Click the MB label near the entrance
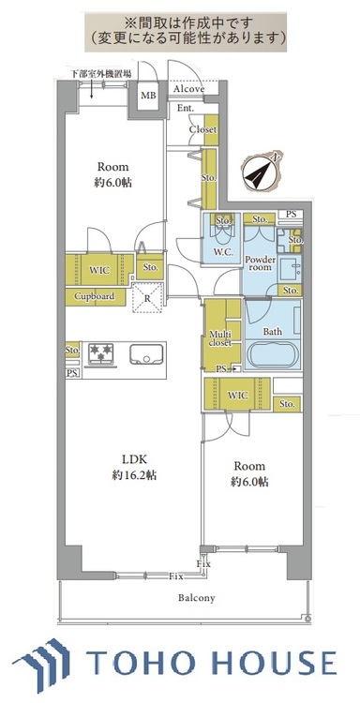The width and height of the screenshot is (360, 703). coord(148,96)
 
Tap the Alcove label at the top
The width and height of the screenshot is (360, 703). coord(189,89)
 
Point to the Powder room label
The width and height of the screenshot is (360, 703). coord(262,262)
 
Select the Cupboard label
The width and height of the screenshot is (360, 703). coord(96,297)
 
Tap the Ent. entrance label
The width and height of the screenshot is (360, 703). coord(184,109)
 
